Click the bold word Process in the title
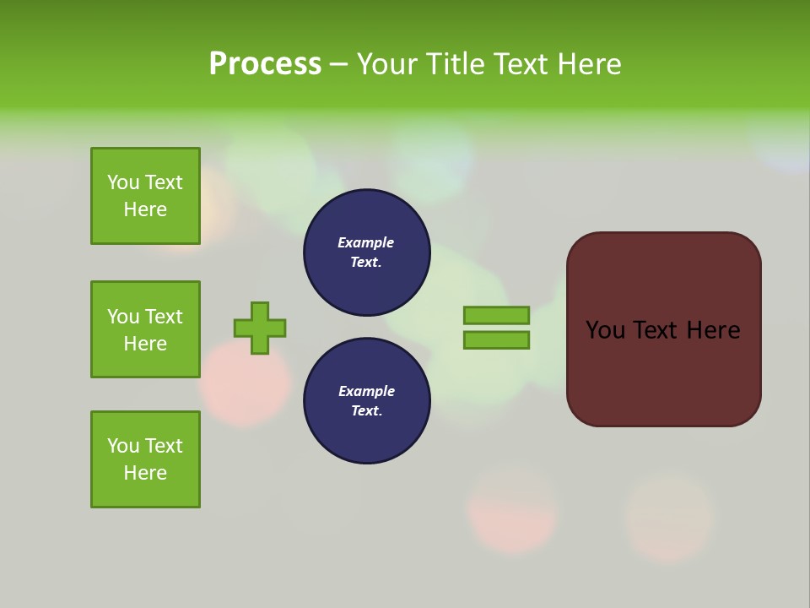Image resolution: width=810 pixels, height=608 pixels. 265,64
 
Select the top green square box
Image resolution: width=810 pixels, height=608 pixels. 145,196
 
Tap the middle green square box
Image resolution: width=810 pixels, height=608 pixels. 145,329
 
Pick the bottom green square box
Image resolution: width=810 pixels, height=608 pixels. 145,459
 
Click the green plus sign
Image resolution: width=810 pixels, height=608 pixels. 260,328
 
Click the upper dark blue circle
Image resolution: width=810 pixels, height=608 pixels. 366,252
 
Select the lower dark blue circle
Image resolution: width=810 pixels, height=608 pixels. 366,401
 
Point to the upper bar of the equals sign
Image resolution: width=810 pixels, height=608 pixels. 496,315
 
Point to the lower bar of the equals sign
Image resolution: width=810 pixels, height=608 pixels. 496,340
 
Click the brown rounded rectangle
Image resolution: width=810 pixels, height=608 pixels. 663,372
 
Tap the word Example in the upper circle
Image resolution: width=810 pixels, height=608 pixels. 366,243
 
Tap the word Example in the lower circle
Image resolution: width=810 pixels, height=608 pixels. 366,392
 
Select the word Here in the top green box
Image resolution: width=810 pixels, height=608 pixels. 145,209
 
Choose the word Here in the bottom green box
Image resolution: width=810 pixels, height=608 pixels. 145,473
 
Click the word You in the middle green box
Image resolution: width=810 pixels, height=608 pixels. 123,317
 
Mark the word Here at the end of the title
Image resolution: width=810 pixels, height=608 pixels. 591,64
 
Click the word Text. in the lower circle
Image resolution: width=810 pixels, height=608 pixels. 366,411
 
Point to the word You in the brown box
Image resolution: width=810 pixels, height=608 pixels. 605,330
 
